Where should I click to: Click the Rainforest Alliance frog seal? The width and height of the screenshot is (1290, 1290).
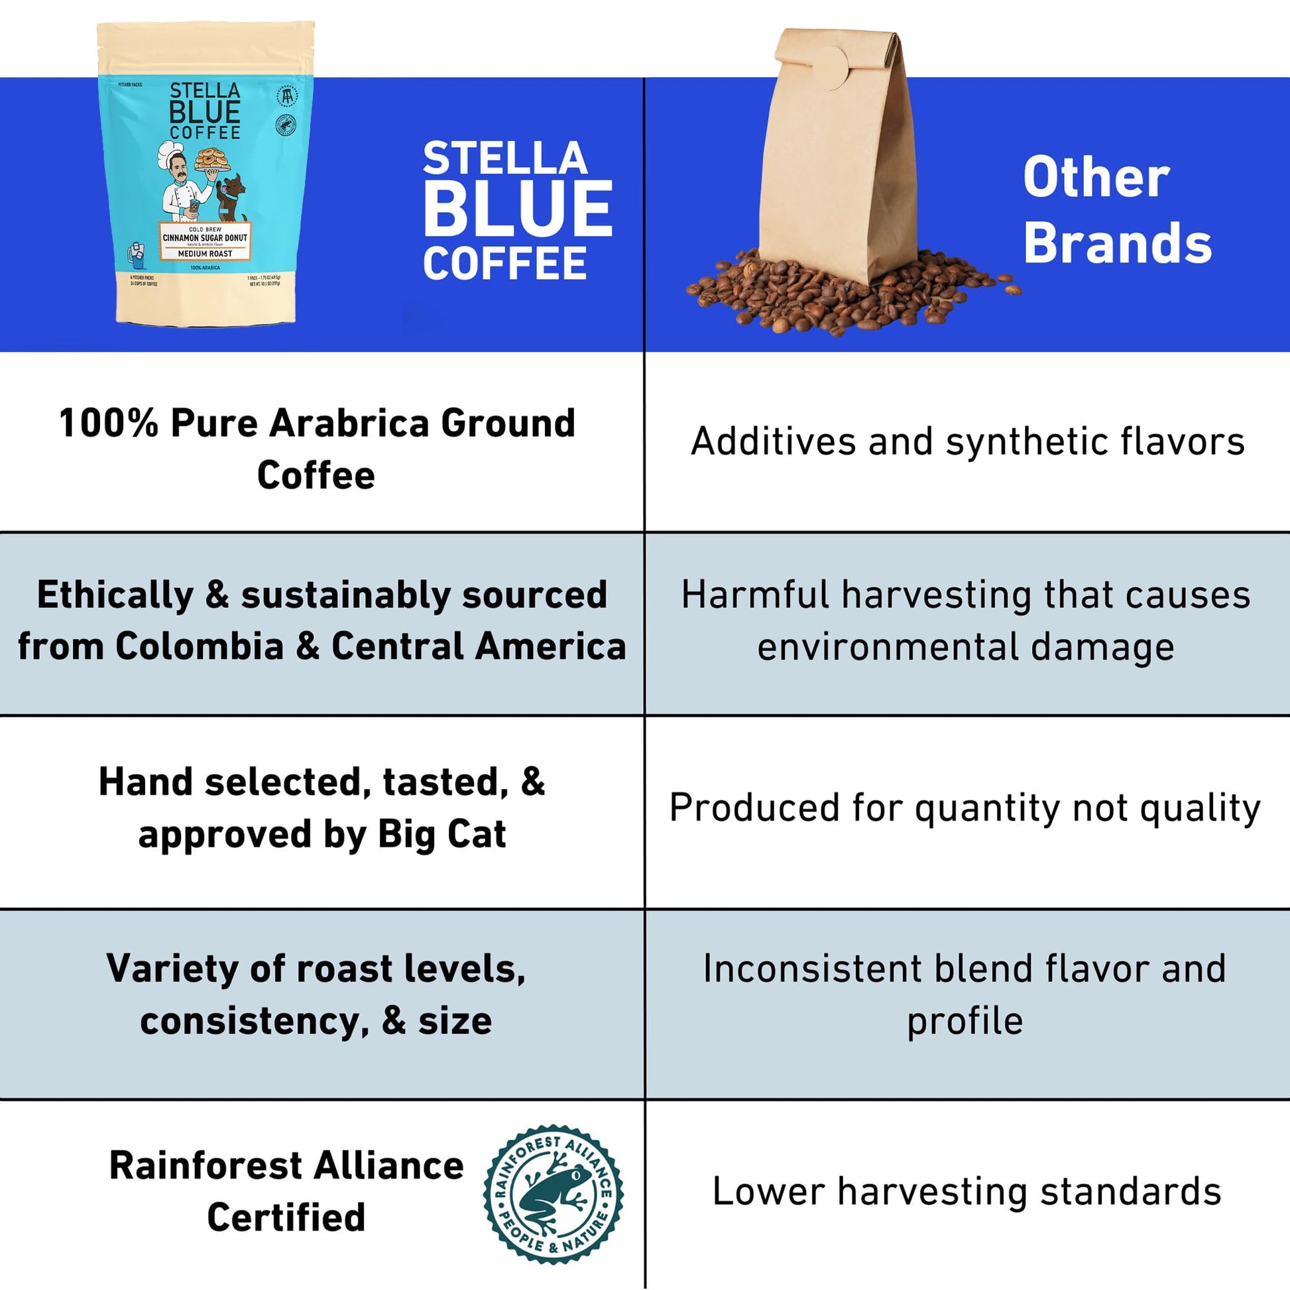pos(553,1194)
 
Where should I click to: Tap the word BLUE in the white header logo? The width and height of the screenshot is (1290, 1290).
pos(518,208)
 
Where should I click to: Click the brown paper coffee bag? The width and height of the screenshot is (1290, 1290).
pos(838,160)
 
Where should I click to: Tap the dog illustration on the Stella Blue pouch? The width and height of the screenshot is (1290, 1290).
pos(231,197)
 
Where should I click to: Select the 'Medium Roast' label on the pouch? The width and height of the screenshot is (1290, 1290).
pos(205,254)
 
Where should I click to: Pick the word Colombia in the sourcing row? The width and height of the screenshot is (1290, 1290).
pos(200,646)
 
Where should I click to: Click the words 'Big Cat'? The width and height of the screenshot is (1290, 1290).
pos(441,834)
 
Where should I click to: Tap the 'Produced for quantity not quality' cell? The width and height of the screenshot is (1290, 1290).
pos(965,808)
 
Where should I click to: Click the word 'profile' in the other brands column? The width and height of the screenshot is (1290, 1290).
pos(964,1022)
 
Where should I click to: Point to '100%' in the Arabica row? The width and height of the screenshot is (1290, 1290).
pos(108,424)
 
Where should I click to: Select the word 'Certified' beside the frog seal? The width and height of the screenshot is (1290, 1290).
pos(286,1216)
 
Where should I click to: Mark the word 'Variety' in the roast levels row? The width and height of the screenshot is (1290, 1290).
pos(172,970)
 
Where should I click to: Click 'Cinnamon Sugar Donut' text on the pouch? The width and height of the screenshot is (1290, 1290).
pos(205,238)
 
